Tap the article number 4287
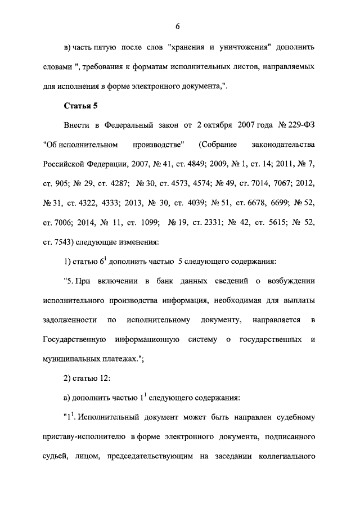click(x=115, y=183)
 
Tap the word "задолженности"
click(x=67, y=320)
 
